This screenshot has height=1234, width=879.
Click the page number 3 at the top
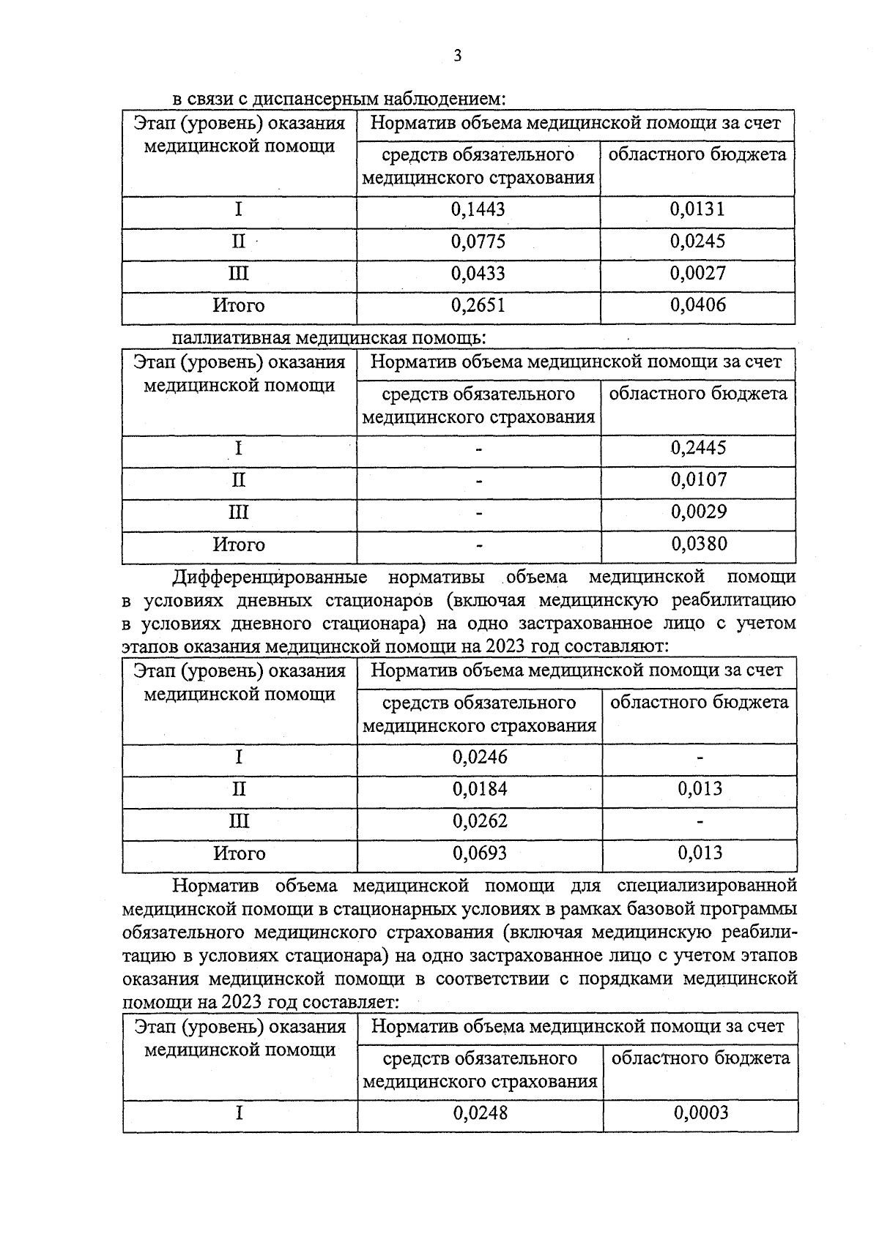(457, 56)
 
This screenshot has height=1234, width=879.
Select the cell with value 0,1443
(478, 210)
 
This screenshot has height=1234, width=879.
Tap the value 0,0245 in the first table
(697, 242)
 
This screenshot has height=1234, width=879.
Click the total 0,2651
(478, 306)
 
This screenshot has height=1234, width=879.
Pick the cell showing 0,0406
(697, 305)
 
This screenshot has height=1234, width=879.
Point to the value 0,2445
(698, 448)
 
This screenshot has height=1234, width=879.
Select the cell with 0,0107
(698, 480)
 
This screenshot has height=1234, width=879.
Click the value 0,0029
(698, 512)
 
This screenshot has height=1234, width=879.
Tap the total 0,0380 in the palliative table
(698, 544)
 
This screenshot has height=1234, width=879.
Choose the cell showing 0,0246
(480, 757)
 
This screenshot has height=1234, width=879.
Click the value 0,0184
(480, 789)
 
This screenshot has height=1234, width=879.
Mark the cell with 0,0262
(480, 821)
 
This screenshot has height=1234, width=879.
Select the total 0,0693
(480, 853)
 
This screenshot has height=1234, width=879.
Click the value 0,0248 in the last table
(481, 1113)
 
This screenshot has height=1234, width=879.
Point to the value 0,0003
(701, 1113)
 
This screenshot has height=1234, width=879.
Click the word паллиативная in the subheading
(231, 338)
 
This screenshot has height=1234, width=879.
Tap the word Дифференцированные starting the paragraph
(270, 577)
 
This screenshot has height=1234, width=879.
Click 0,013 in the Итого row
(700, 853)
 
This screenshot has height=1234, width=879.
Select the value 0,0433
(478, 274)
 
